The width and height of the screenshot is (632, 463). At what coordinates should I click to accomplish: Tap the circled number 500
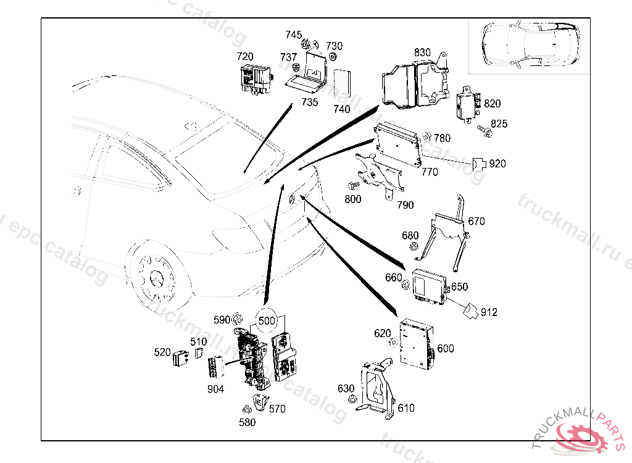click(x=267, y=320)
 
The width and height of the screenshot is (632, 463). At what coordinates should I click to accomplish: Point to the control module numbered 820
click(x=467, y=104)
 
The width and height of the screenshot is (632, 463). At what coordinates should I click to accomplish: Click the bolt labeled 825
click(x=484, y=130)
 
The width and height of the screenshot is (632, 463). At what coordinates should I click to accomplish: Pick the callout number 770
click(x=430, y=172)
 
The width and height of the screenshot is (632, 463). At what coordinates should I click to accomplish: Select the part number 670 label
click(x=476, y=221)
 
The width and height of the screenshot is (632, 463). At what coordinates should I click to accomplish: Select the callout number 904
click(x=216, y=389)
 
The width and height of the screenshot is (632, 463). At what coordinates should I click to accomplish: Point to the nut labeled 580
click(x=246, y=409)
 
